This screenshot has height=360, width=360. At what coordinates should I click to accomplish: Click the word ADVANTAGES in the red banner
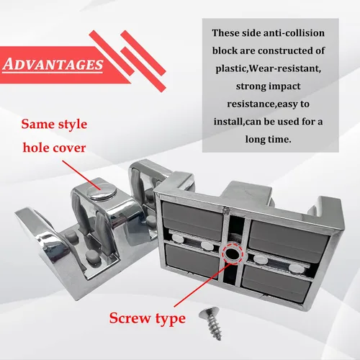point(53,64)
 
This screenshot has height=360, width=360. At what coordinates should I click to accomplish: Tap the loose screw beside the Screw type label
point(211,323)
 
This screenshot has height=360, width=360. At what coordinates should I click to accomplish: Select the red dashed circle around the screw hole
point(232,253)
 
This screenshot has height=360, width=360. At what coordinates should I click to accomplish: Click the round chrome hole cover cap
point(102,191)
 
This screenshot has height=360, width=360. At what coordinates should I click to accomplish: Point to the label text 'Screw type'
point(148,318)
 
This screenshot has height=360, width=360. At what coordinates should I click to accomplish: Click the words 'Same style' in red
point(54,124)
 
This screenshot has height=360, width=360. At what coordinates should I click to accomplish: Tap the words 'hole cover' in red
point(54,148)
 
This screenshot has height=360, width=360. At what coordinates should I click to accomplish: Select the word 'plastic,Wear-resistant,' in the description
point(268,68)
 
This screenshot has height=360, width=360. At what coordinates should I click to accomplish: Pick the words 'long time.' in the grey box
point(268,139)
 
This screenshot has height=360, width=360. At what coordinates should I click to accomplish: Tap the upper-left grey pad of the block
point(192,220)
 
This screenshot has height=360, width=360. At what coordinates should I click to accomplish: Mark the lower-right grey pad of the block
point(276,282)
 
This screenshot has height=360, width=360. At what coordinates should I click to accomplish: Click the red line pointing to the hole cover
point(81,175)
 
